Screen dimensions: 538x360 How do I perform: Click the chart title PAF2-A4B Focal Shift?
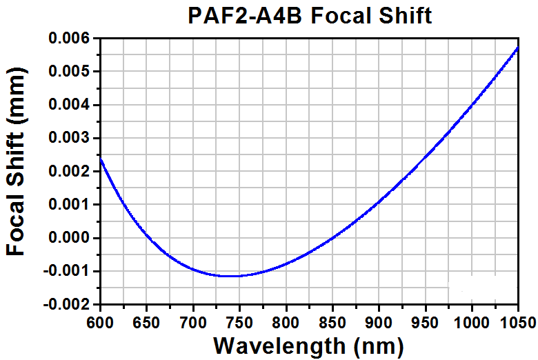tap(310, 16)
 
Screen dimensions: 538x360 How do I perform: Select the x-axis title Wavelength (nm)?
tap(308, 346)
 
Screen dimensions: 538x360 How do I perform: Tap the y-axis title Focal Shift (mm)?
tap(16, 161)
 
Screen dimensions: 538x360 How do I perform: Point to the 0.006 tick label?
tap(69, 38)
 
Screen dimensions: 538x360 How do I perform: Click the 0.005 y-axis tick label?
tap(69, 72)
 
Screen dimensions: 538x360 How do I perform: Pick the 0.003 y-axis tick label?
tap(69, 138)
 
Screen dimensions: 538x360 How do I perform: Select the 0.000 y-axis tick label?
tap(69, 238)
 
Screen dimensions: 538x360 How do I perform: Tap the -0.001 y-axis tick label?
tap(67, 271)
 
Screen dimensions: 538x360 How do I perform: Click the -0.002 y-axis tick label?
tap(67, 304)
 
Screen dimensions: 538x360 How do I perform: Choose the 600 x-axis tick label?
tap(100, 323)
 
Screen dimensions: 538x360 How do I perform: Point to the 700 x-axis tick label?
tap(193, 323)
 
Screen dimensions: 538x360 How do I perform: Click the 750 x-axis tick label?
tap(239, 323)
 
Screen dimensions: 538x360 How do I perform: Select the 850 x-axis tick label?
tap(332, 323)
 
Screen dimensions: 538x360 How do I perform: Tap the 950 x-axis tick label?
tap(426, 323)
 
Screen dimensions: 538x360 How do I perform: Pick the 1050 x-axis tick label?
tap(518, 323)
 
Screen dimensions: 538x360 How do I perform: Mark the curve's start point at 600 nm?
tap(101, 159)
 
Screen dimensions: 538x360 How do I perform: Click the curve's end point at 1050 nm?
tap(518, 48)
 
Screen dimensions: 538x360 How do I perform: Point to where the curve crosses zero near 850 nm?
tap(332, 238)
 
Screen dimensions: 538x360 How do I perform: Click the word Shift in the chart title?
tap(405, 16)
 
